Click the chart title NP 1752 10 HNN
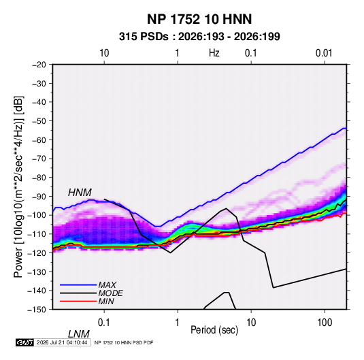[x=199, y=19]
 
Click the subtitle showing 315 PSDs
[x=199, y=37]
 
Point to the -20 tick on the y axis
[x=39, y=65]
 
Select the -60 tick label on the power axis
[x=39, y=140]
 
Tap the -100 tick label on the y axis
[x=37, y=215]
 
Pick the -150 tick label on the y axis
[x=37, y=310]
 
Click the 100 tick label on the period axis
[x=325, y=323]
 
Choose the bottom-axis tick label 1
[x=178, y=323]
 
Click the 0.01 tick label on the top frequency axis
[x=324, y=53]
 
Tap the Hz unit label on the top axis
[x=214, y=53]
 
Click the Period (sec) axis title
[x=214, y=330]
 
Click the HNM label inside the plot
[x=80, y=193]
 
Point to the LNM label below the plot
[x=79, y=334]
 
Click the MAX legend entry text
[x=107, y=284]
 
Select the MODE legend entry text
[x=110, y=293]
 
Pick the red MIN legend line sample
[x=78, y=301]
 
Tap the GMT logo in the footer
[x=24, y=342]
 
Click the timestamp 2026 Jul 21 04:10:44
[x=62, y=342]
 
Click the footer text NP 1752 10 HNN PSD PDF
[x=124, y=342]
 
